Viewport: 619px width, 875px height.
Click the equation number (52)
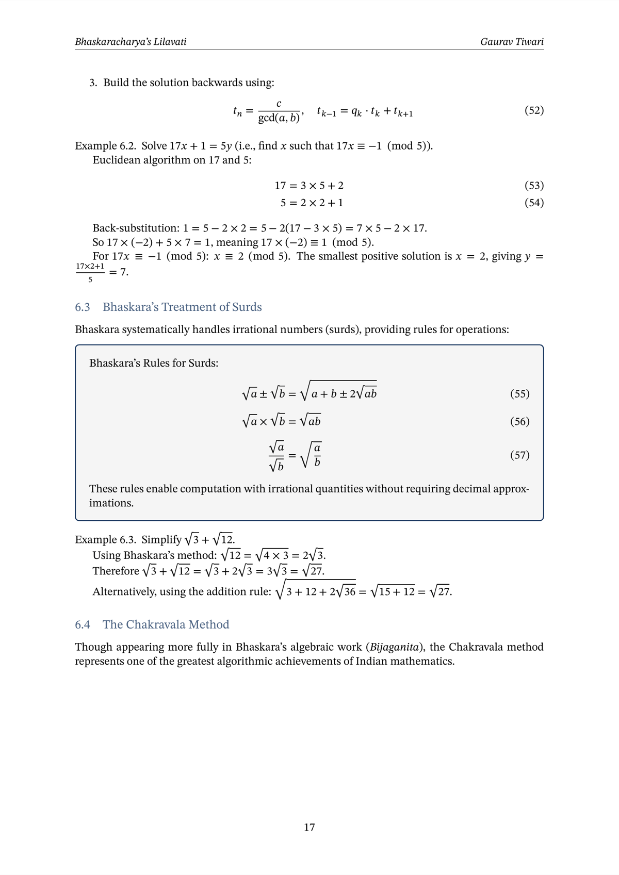pos(534,110)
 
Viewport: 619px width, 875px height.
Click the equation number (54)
pos(534,203)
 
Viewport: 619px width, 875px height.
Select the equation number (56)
pos(519,421)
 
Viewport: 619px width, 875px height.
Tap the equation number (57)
pos(519,455)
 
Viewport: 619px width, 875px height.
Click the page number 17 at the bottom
pos(309,827)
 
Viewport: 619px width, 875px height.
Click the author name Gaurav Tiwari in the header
pos(512,42)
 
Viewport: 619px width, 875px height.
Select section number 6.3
pos(83,307)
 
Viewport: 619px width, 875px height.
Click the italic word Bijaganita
pos(394,647)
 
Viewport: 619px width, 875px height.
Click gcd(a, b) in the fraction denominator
pos(279,118)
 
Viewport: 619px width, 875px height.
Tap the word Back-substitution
pos(136,228)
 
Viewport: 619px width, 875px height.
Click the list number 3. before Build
pos(93,83)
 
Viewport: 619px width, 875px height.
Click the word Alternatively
pos(124,591)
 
